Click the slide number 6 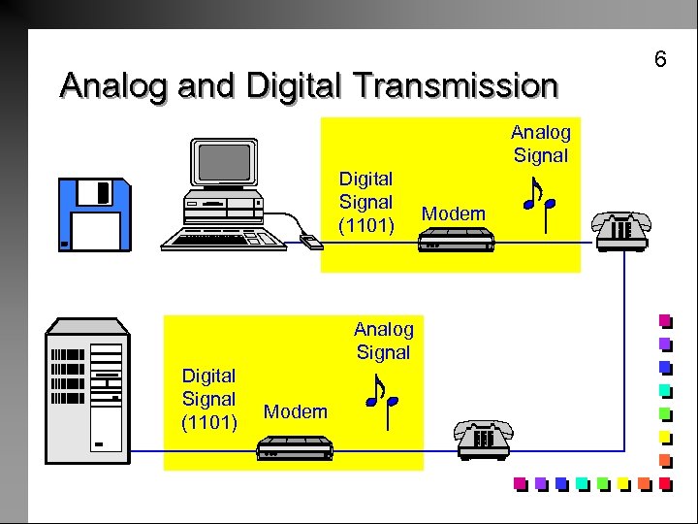[660, 60]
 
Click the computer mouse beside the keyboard [310, 241]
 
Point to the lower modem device [295, 447]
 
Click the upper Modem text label [455, 213]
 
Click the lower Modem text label [296, 411]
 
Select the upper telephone [621, 229]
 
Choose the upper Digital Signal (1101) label [365, 202]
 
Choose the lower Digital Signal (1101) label [209, 398]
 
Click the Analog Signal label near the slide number [541, 143]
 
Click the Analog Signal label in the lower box [384, 340]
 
